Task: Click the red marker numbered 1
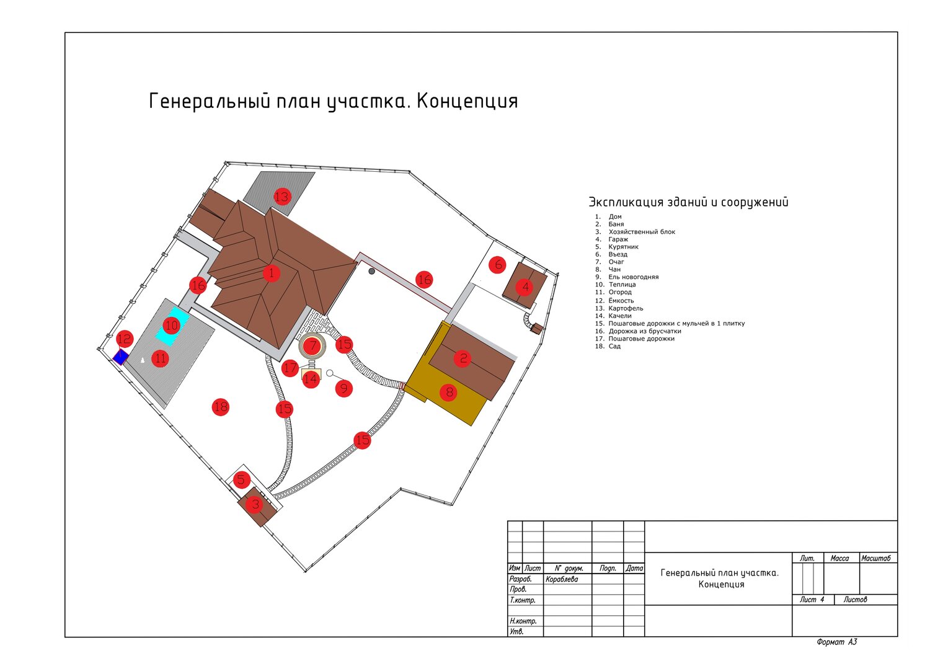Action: point(272,273)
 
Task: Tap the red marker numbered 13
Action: point(282,197)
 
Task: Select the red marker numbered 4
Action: point(525,287)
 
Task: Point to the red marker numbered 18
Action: point(221,407)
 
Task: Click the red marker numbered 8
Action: point(449,392)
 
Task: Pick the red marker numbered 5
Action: point(241,480)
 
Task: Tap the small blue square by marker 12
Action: point(120,357)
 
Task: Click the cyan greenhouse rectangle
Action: point(173,326)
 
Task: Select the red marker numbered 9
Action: point(343,389)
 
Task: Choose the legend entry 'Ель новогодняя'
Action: point(633,277)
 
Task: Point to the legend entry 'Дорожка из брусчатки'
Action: point(645,331)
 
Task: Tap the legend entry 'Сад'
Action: point(614,346)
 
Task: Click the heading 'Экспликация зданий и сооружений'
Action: point(688,202)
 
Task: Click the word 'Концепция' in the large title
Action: point(467,101)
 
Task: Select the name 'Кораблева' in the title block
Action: point(562,579)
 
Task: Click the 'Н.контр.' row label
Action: point(523,621)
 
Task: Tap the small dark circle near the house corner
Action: point(371,271)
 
